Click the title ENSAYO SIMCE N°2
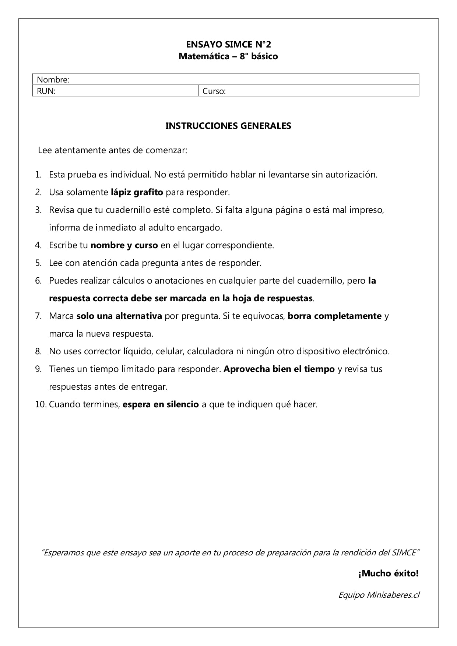coord(228,45)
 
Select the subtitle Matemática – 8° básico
coord(228,56)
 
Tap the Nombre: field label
coord(53,80)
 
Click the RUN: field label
coord(46,91)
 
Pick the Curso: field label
coord(214,91)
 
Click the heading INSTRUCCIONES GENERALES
coord(228,126)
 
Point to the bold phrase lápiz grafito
coord(137,192)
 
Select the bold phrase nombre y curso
coord(124,245)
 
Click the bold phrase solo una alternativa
coord(119,316)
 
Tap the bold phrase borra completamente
coord(334,316)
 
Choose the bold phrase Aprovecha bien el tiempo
coord(279,369)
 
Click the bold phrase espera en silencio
coord(161,404)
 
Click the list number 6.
coord(38,281)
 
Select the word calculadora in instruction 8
coord(210,351)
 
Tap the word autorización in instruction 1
coord(351,175)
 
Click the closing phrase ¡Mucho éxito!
coord(388,573)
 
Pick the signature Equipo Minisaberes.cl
coord(379,595)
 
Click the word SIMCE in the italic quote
coord(404,552)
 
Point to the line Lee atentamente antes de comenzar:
coord(113,150)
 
